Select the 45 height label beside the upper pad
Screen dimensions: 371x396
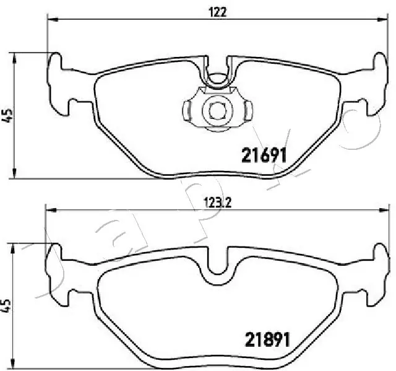point(7,115)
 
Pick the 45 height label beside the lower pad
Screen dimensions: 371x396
point(7,306)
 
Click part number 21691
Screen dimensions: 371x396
point(262,155)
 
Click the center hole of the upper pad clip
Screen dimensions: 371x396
point(216,110)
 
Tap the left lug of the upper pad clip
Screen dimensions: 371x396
point(186,111)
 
